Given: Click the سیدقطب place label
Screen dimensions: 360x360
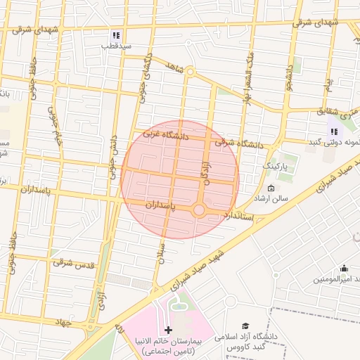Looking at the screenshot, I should pyautogui.click(x=116, y=46).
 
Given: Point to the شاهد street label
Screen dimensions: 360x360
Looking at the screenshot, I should pyautogui.click(x=173, y=67).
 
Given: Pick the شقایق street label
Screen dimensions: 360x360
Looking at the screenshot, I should pyautogui.click(x=328, y=111).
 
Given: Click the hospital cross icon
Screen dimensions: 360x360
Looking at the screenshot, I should pyautogui.click(x=167, y=330).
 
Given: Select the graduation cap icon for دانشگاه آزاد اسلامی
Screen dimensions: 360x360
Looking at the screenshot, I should pyautogui.click(x=245, y=326).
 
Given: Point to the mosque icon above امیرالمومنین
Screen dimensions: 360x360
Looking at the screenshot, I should pyautogui.click(x=344, y=268).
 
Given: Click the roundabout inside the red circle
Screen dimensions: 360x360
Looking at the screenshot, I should pyautogui.click(x=199, y=210).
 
